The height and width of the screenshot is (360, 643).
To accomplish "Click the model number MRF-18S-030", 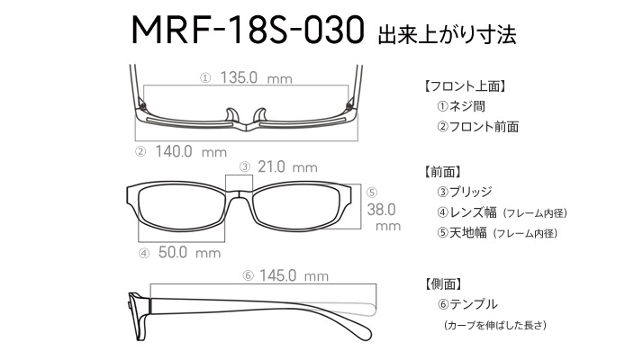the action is tap(248, 30).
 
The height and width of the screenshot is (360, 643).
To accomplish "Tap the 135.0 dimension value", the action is tap(239, 77).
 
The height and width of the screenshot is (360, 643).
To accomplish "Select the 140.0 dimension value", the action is tap(174, 152).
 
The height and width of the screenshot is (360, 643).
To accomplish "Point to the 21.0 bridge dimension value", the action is tap(271, 166).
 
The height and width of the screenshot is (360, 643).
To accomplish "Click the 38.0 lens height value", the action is tap(381, 210).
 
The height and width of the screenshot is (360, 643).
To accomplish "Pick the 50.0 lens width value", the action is tap(173, 252).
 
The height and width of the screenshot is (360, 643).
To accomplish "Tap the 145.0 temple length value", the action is tap(277, 275).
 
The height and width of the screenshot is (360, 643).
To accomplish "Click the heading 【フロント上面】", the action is tap(465, 86).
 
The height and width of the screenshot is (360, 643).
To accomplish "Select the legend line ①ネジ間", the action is tap(461, 106).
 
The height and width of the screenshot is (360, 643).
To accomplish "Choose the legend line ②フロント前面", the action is tap(477, 126).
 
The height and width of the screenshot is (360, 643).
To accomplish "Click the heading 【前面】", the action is tap(442, 171).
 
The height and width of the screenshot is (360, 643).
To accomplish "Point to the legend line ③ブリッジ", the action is tap(465, 192).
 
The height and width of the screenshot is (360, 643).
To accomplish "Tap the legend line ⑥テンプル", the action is tap(467, 304).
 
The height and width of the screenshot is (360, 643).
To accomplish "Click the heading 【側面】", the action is tap(442, 283).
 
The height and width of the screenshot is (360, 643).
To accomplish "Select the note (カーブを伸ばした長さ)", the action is tap(495, 325).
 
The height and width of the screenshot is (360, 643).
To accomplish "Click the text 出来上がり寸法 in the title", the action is tap(447, 35).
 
